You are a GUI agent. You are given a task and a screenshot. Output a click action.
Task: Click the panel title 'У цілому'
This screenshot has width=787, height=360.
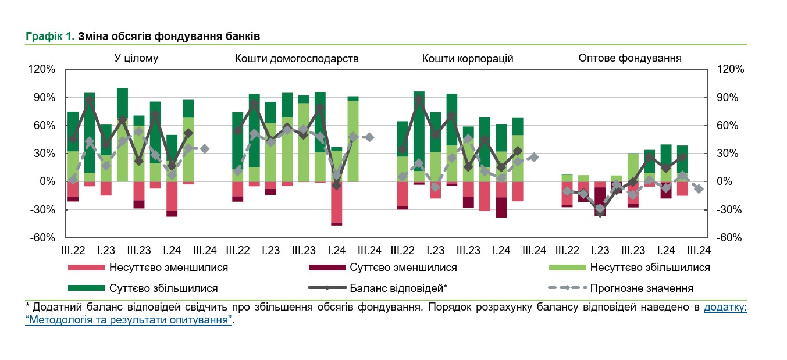136,58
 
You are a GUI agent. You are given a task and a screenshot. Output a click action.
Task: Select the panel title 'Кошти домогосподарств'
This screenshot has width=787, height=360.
297,58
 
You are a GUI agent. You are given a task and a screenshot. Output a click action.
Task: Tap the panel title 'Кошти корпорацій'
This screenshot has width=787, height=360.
468,58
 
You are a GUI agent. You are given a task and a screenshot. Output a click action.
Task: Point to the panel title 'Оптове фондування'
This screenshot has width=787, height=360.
630,58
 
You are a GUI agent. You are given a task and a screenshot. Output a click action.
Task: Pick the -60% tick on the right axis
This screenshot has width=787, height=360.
731,238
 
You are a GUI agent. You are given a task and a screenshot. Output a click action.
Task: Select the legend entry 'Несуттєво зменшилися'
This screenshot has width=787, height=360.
168,268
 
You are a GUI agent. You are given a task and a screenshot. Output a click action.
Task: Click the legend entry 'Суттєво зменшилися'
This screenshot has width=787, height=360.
403,268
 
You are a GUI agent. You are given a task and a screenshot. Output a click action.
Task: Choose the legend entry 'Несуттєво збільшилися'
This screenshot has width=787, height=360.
650,268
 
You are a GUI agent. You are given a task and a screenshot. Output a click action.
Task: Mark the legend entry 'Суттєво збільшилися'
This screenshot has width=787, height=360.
163,288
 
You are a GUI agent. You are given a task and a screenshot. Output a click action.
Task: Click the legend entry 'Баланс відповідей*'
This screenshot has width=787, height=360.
398,288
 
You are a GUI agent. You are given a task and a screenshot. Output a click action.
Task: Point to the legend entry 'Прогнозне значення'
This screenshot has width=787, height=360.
642,288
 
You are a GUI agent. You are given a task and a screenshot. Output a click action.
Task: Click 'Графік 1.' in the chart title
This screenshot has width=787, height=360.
50,37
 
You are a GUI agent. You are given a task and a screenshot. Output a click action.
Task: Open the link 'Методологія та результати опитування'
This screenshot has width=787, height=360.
129,320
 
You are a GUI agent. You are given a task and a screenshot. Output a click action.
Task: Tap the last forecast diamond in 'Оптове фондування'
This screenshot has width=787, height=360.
699,189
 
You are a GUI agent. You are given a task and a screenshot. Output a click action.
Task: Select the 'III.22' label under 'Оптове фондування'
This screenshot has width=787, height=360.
567,251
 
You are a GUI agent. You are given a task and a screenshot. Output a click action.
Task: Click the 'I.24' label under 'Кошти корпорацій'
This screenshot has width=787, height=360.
501,251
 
